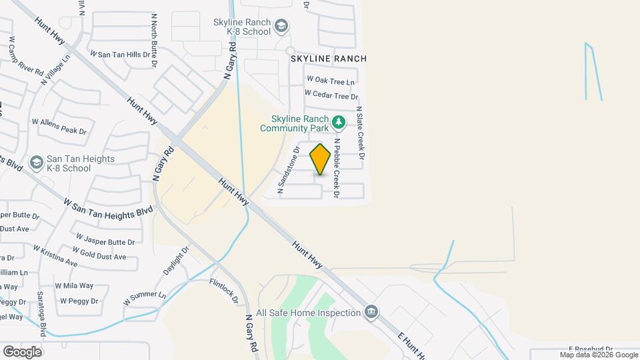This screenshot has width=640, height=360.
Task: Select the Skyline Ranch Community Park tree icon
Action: [339, 122]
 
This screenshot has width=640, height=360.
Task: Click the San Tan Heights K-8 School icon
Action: [36, 163]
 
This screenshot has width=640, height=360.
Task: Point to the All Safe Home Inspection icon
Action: [371, 312]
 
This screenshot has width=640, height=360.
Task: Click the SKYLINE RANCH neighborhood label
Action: [328, 59]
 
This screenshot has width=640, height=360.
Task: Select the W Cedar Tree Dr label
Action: [331, 96]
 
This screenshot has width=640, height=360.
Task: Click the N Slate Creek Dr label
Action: [361, 133]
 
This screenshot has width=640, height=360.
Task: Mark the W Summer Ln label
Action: [144, 298]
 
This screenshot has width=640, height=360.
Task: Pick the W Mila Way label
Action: [74, 285]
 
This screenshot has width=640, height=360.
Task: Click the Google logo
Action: [22, 351]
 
